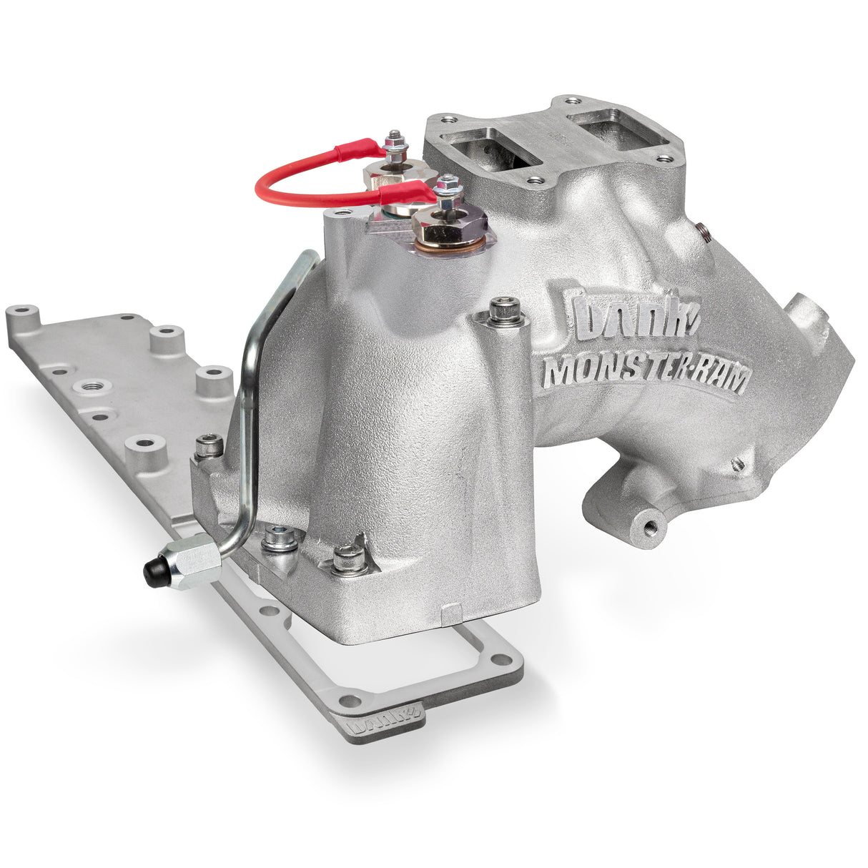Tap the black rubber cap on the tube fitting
[x=154, y=573]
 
